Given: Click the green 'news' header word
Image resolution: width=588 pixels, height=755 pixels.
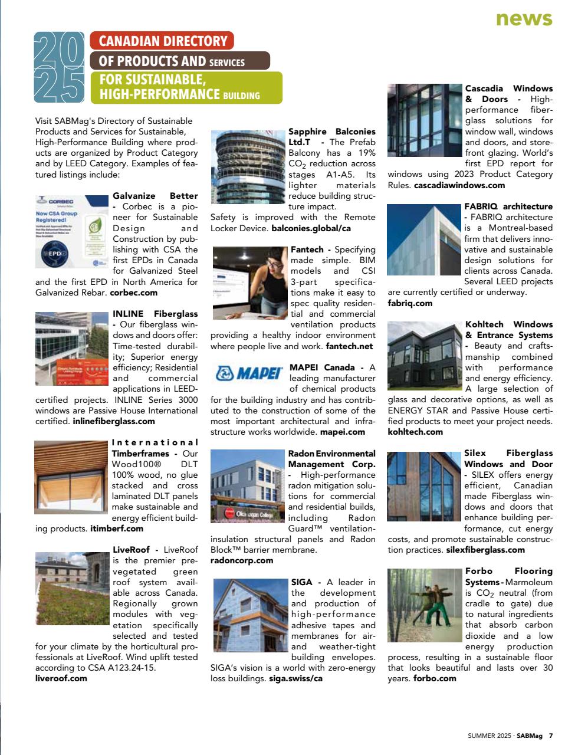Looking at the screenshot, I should pyautogui.click(x=524, y=19).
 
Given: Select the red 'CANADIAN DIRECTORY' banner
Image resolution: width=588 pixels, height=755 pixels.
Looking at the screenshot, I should pyautogui.click(x=162, y=41).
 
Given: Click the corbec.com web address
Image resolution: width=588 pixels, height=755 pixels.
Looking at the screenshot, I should pyautogui.click(x=134, y=293).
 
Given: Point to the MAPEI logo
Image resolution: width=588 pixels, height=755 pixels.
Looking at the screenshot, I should pyautogui.click(x=247, y=373).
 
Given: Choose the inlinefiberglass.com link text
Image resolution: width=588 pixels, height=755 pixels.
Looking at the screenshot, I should pyautogui.click(x=114, y=421).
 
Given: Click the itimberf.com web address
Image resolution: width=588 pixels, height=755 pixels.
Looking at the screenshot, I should pyautogui.click(x=117, y=528).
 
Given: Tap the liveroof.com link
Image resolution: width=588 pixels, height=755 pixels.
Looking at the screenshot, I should pyautogui.click(x=61, y=678).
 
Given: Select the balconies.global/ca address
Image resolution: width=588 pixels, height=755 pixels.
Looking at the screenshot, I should pyautogui.click(x=311, y=228).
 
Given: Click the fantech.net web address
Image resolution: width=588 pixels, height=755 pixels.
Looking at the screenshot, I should pyautogui.click(x=349, y=346).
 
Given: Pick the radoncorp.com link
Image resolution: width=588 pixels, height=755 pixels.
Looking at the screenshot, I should pyautogui.click(x=242, y=560).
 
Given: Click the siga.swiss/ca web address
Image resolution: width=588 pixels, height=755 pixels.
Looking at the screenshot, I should pyautogui.click(x=295, y=678).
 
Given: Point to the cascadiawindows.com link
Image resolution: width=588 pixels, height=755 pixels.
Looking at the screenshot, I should pyautogui.click(x=459, y=185).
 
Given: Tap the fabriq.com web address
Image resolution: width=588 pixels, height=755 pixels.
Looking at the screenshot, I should pyautogui.click(x=410, y=303).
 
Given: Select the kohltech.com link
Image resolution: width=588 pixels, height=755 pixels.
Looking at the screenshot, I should pyautogui.click(x=415, y=432).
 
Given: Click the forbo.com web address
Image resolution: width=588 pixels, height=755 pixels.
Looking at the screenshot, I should pyautogui.click(x=435, y=678).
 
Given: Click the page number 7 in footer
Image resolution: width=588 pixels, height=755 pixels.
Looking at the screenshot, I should pyautogui.click(x=551, y=736).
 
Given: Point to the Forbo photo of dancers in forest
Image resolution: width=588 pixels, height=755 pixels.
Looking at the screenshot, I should pyautogui.click(x=425, y=605).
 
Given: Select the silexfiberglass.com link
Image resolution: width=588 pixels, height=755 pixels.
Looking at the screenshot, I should pyautogui.click(x=485, y=550).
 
